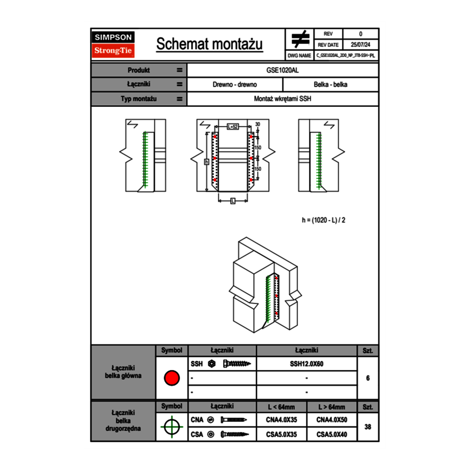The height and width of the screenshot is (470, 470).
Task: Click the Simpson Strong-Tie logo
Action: point(113,44)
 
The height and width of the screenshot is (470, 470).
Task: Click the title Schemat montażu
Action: point(209,44)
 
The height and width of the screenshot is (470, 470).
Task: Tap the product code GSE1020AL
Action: point(283,70)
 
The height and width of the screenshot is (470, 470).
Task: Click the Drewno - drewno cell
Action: point(235,84)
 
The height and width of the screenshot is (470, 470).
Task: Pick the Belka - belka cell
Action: point(331,84)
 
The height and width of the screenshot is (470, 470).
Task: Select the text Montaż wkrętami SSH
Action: point(283,99)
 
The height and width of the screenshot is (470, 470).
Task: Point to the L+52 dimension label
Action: point(232,127)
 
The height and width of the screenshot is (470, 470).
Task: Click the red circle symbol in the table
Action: point(171,378)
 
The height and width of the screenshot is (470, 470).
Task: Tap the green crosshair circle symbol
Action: point(171,427)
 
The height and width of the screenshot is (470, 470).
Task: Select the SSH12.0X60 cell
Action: point(307,364)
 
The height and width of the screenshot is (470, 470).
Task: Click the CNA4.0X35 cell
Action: point(281,420)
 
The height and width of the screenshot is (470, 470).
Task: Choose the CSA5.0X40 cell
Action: point(332,435)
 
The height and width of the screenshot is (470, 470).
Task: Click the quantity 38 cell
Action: point(367,427)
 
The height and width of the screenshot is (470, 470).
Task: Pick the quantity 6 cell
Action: point(367,378)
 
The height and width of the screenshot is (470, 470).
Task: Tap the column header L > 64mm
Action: point(332,407)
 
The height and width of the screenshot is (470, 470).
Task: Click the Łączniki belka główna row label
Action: point(123,372)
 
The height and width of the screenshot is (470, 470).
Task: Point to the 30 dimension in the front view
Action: point(258,124)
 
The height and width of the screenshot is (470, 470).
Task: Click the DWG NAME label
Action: point(299,56)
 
